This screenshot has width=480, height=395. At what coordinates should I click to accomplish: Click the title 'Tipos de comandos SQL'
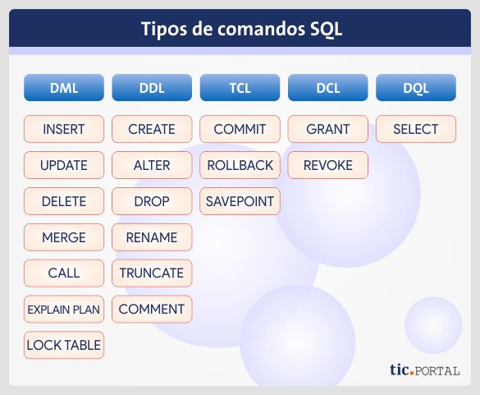[x=240, y=30]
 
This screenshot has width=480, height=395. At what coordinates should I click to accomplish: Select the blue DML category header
[x=64, y=87]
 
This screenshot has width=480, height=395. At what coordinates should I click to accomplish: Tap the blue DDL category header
[x=152, y=87]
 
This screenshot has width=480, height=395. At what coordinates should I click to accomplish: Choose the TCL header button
[x=240, y=87]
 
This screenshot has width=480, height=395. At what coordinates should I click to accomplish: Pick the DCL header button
[x=327, y=87]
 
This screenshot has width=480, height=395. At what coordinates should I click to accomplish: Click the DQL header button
[x=415, y=87]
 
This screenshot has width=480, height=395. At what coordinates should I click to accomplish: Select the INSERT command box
[x=64, y=129]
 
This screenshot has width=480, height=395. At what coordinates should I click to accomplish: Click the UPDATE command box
[x=64, y=165]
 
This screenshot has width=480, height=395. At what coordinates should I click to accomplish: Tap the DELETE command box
[x=64, y=201]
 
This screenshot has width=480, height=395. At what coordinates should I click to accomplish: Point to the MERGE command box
[x=64, y=237]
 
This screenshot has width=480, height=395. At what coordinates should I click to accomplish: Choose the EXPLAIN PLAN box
[x=64, y=310]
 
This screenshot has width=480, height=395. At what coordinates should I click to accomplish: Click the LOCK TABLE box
[x=64, y=345]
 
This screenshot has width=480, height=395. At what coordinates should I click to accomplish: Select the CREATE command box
[x=152, y=129]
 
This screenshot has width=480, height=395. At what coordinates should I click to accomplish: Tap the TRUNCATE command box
[x=152, y=273]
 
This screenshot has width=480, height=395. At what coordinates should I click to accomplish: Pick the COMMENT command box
[x=152, y=310]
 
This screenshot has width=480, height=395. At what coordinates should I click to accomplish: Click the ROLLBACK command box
[x=240, y=165]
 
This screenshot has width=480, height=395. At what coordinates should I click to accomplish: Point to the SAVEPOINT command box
[x=240, y=201]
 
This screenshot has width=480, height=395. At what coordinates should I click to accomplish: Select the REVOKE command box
[x=327, y=165]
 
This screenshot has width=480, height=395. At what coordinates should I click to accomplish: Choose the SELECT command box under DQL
[x=415, y=129]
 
